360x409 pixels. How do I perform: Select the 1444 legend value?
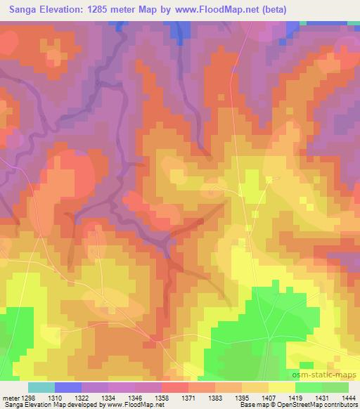tap(349, 396)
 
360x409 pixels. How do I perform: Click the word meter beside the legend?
tap(11, 396)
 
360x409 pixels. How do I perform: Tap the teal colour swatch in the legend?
tap(41, 387)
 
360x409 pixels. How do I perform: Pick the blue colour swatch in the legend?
tap(68, 387)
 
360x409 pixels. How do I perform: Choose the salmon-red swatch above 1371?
tap(175, 387)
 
